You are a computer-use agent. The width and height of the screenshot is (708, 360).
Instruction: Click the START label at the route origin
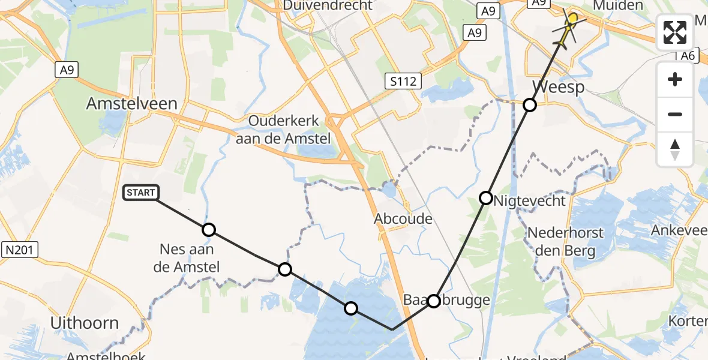pyautogui.click(x=142, y=193)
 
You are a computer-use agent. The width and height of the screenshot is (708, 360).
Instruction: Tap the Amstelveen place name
pyautogui.click(x=131, y=103)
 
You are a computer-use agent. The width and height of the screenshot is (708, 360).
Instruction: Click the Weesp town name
pyautogui.click(x=557, y=88)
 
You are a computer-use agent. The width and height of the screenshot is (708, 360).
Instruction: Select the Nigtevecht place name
pyautogui.click(x=529, y=200)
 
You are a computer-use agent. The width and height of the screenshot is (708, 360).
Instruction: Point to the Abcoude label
pyautogui.click(x=403, y=218)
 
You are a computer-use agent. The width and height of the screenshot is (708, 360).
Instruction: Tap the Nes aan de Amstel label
pyautogui.click(x=186, y=258)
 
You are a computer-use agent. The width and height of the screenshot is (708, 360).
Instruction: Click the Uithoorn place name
pyautogui.click(x=84, y=323)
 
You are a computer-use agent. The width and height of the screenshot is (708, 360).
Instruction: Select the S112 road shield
pyautogui.click(x=403, y=80)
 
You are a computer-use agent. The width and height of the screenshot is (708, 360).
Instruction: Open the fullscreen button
pyautogui.click(x=675, y=32)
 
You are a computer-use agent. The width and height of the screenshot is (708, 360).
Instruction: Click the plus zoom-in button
pyautogui.click(x=675, y=79)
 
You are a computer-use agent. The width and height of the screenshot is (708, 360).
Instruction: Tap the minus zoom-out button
pyautogui.click(x=675, y=114)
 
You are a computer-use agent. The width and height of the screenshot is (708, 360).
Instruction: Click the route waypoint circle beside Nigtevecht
pyautogui.click(x=486, y=197)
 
